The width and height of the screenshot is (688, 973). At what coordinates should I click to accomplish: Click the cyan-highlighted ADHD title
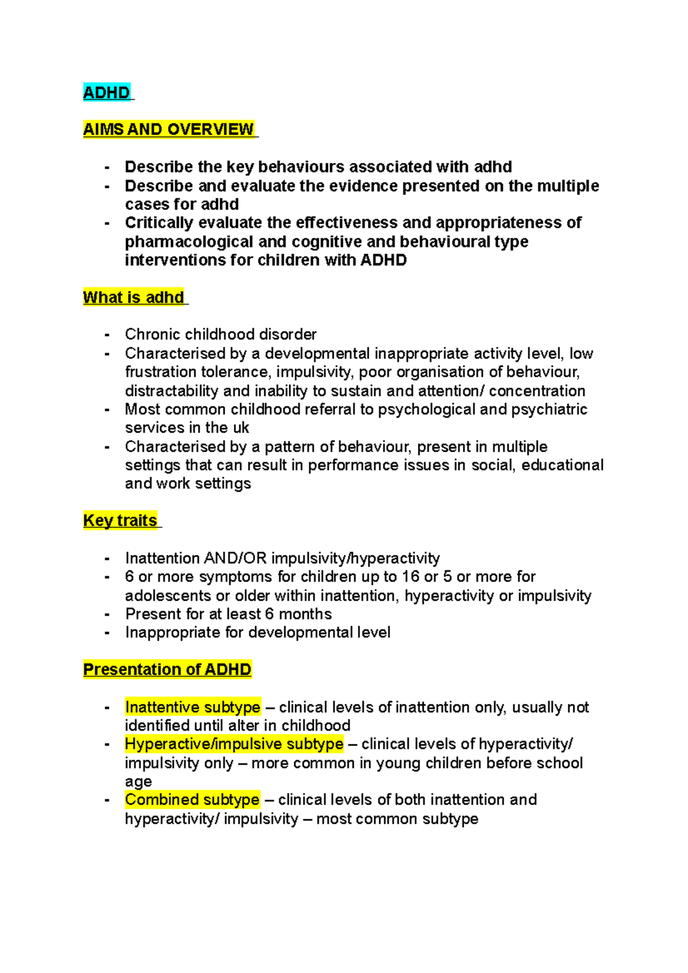click(x=107, y=93)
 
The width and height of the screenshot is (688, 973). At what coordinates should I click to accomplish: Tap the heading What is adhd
click(x=134, y=297)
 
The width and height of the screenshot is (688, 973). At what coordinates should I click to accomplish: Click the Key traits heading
click(x=120, y=520)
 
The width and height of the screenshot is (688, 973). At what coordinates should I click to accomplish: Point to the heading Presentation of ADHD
click(x=167, y=669)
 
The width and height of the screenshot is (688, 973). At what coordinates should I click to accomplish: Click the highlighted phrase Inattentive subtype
click(x=193, y=707)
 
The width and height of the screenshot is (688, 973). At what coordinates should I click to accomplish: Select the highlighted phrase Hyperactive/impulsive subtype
click(x=234, y=744)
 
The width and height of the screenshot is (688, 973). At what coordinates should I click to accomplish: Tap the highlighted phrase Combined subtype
click(x=192, y=799)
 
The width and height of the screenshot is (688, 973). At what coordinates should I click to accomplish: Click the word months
click(x=305, y=614)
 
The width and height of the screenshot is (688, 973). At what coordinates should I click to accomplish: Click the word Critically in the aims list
click(x=153, y=222)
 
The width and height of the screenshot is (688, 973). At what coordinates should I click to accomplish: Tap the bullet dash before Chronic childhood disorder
click(x=107, y=335)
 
